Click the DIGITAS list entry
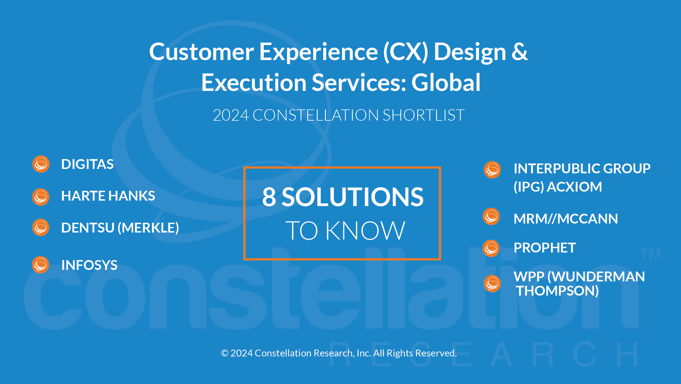(87, 164)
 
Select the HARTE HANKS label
(108, 196)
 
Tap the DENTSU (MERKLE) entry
(120, 228)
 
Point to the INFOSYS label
(89, 265)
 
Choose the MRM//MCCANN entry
(566, 219)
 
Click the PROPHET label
(545, 248)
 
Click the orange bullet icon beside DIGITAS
(41, 164)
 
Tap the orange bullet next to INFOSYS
(41, 265)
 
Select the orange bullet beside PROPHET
(491, 248)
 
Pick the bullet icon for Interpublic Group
(492, 170)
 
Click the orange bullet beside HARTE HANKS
(41, 197)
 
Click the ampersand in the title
(520, 52)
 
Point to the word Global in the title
(446, 82)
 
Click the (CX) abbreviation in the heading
(406, 52)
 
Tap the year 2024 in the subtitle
(231, 115)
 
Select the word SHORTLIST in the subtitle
(424, 115)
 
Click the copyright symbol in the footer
(224, 353)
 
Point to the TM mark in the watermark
(650, 254)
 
